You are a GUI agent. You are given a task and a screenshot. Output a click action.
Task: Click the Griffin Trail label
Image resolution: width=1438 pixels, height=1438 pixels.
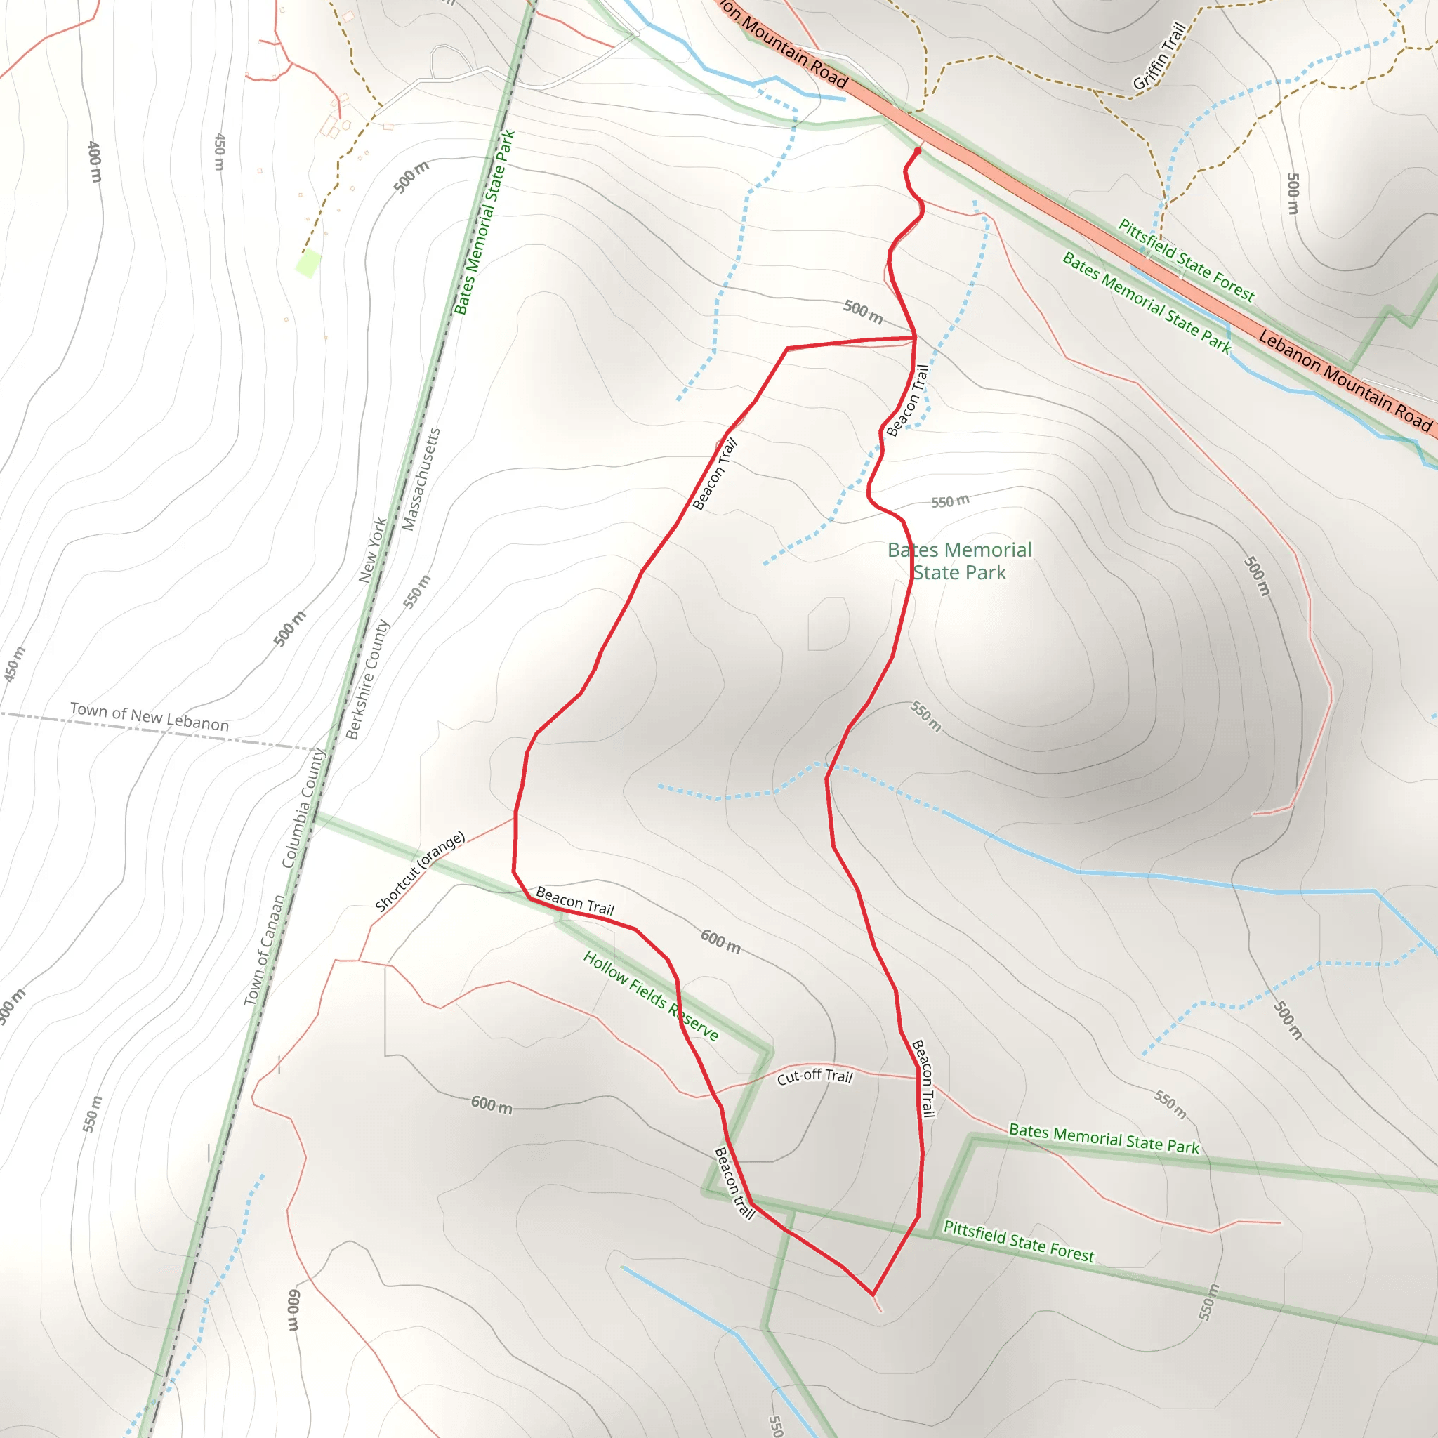click(1159, 57)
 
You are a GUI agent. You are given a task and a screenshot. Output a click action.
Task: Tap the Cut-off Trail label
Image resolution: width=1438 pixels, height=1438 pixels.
click(814, 1077)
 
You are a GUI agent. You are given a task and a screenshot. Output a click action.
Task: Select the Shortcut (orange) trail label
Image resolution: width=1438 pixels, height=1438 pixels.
click(420, 871)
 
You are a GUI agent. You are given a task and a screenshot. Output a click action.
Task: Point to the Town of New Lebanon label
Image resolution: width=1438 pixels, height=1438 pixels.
click(149, 716)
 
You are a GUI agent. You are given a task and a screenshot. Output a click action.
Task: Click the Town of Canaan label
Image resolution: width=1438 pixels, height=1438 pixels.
click(264, 951)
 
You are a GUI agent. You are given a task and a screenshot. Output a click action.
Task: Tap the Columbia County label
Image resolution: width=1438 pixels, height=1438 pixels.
click(303, 808)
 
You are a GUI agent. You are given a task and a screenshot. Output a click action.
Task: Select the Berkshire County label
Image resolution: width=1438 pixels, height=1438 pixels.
click(368, 680)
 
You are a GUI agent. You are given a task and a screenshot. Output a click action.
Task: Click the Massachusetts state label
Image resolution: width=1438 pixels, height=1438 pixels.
click(421, 480)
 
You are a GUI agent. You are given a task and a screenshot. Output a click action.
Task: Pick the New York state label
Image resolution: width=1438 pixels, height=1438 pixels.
click(372, 550)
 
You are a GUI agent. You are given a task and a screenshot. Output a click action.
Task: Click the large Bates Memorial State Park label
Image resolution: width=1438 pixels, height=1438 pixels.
click(959, 561)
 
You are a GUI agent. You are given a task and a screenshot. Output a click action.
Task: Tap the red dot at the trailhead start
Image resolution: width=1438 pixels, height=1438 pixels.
click(918, 151)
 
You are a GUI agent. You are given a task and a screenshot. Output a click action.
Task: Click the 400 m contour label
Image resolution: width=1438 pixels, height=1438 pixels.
click(95, 161)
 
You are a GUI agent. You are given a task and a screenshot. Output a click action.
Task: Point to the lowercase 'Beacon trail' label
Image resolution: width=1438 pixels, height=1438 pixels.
click(734, 1182)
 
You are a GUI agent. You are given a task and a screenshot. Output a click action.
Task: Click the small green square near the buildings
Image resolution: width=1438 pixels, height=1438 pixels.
click(308, 263)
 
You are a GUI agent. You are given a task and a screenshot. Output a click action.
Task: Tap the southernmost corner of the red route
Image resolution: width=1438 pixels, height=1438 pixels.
click(872, 1295)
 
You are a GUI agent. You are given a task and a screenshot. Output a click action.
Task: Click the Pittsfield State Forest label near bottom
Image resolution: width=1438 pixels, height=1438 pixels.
click(1018, 1241)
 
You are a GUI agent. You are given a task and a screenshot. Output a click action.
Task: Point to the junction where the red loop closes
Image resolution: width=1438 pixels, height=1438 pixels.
click(915, 338)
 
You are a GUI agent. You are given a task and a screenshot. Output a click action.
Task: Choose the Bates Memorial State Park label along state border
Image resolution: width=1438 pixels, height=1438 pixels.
click(484, 223)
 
